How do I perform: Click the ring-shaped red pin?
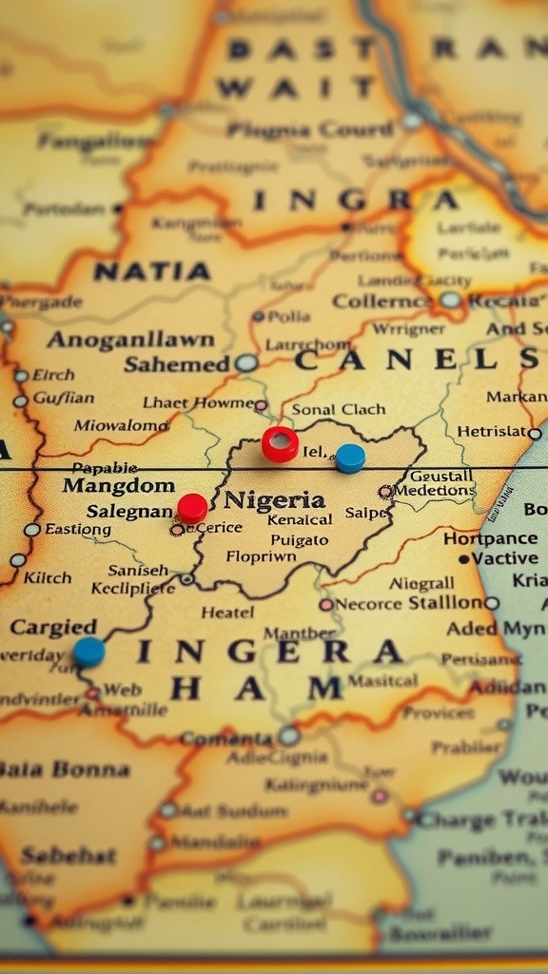tap(280, 443)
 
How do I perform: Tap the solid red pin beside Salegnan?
tap(192, 507)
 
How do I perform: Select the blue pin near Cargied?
tap(88, 652)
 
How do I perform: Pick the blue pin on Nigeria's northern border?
tap(350, 458)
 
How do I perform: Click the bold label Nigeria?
tap(274, 499)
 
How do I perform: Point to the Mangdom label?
tap(118, 486)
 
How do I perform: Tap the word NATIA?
tap(152, 272)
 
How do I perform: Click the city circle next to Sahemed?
tap(246, 362)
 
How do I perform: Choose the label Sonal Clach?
tap(339, 409)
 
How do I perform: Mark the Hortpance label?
tap(490, 538)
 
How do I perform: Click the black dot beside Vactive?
tap(463, 559)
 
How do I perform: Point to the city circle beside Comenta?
tap(289, 735)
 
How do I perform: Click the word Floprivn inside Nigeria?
tap(261, 557)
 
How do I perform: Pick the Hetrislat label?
tap(491, 432)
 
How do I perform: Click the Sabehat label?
tap(68, 855)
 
